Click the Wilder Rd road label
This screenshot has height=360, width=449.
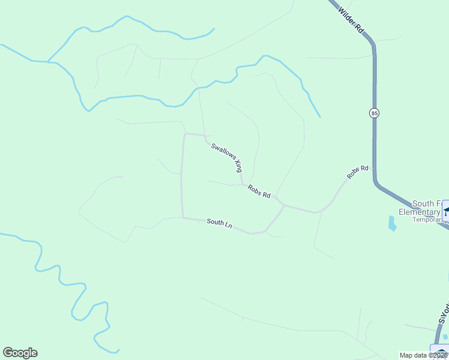(x=351, y=20)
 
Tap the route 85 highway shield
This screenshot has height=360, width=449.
(x=375, y=113)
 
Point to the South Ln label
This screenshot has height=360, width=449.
(x=219, y=223)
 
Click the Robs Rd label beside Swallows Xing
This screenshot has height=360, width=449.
(x=259, y=191)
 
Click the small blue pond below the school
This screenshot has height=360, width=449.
(x=393, y=224)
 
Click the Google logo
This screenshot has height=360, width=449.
(x=20, y=353)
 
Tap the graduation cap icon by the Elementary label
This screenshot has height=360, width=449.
(x=446, y=212)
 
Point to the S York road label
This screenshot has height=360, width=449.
(x=444, y=312)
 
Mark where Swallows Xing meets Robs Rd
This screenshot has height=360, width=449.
(x=243, y=184)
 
